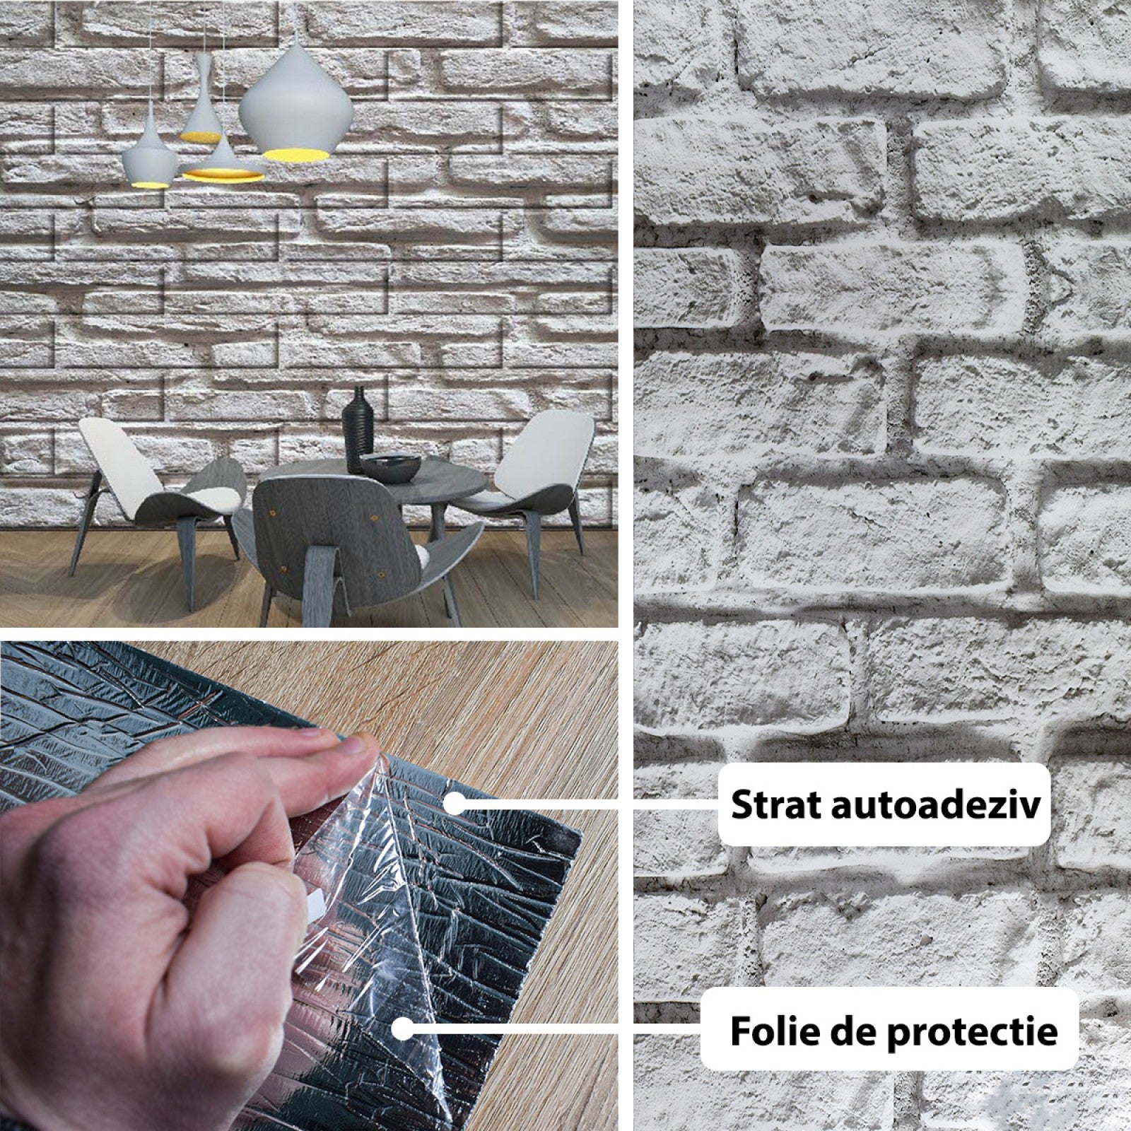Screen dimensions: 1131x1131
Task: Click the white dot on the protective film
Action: coord(402,1030)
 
